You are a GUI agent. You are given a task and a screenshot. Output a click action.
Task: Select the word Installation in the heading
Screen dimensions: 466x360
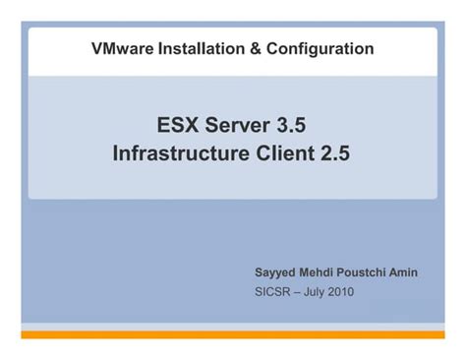point(194,48)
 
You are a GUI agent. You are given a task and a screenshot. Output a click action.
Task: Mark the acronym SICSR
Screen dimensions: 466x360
point(272,291)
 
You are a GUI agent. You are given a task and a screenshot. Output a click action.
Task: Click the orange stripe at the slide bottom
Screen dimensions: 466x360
point(232,334)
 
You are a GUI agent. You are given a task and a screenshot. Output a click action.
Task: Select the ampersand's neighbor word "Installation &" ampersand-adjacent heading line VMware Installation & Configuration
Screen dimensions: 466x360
point(194,48)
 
